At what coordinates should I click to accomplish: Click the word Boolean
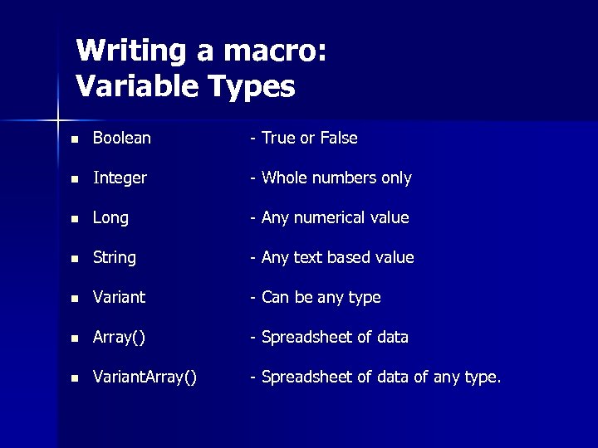point(122,139)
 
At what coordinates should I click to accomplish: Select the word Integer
point(120,178)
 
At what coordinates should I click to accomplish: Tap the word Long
point(110,218)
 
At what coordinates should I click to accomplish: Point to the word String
point(115,258)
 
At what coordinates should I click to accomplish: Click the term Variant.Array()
point(145,377)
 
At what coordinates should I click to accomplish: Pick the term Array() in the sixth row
point(119,338)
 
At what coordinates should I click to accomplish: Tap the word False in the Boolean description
point(339,139)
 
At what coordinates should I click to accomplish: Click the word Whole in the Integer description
point(283,178)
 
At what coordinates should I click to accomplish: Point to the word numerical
point(331,218)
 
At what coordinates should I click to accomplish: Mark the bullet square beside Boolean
point(75,139)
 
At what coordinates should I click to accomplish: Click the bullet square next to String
point(75,259)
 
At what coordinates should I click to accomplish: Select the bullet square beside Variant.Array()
point(75,378)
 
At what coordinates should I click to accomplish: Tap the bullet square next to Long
point(75,219)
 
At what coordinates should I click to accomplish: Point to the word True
point(279,139)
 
